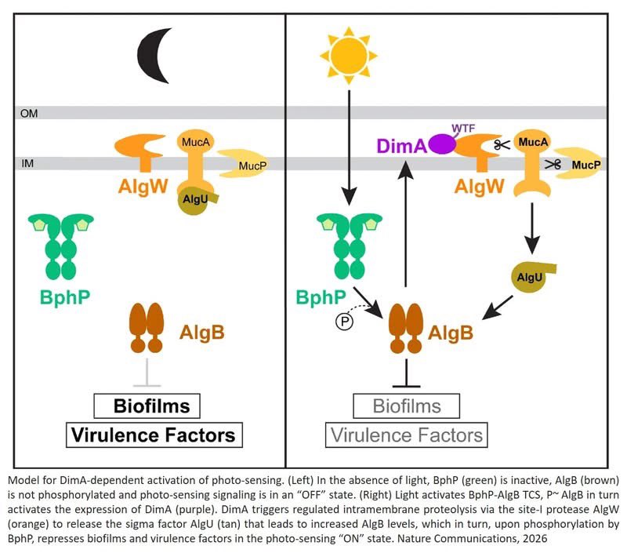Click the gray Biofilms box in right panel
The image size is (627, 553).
coord(407,406)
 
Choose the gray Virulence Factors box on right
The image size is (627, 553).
coord(407,434)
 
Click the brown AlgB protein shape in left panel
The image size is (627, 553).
coord(145,329)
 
